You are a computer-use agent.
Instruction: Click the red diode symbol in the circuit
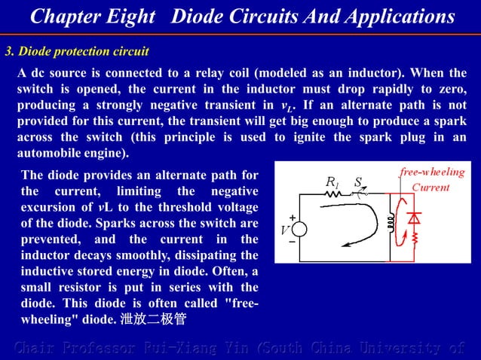click(x=413, y=218)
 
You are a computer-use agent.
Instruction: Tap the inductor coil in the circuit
click(x=391, y=222)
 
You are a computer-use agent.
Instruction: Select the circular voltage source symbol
click(x=300, y=230)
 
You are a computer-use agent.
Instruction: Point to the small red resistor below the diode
click(x=413, y=240)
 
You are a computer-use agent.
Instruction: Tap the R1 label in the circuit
click(x=332, y=182)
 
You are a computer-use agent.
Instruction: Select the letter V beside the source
click(x=285, y=230)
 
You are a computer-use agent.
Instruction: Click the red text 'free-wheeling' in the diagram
click(x=431, y=172)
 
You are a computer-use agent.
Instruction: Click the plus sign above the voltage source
click(x=292, y=218)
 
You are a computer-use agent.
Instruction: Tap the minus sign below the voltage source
click(x=292, y=243)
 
